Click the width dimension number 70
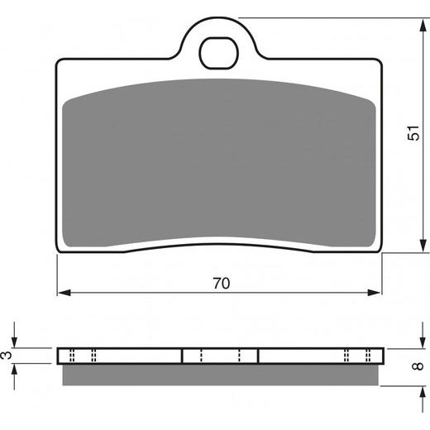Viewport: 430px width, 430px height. pos(220,283)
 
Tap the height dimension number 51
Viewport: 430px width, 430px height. pos(413,136)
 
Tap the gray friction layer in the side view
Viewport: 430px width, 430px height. pos(220,375)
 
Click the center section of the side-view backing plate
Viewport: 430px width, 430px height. pos(220,356)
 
